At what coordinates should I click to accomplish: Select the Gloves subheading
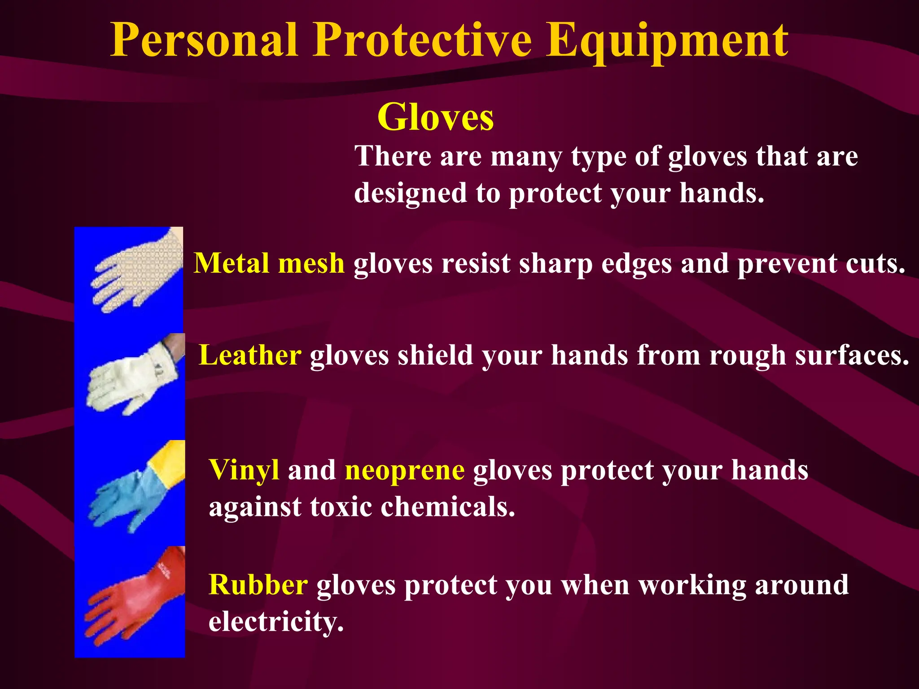[435, 117]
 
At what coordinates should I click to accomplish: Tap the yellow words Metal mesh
[269, 263]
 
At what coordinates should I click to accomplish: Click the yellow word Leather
[250, 355]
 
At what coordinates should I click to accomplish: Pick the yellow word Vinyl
[244, 471]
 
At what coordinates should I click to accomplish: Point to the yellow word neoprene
[405, 471]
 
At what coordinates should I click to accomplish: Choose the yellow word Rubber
[258, 585]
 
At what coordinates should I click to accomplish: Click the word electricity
[276, 622]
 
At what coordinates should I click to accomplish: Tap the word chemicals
[447, 507]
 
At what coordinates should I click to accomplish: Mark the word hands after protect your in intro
[721, 193]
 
